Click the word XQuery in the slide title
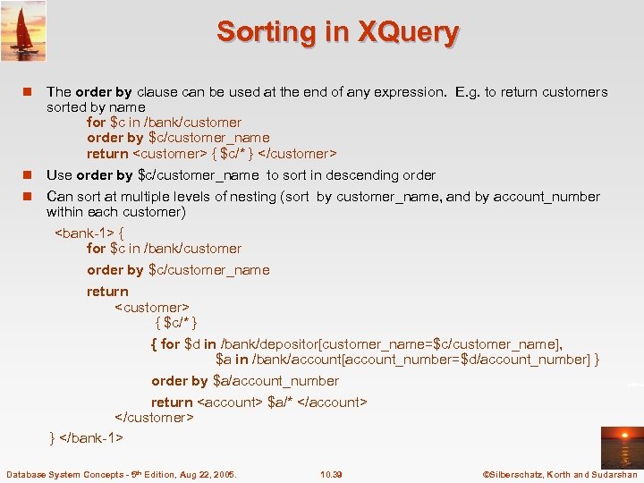tap(408, 32)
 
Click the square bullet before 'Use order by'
tap(28, 175)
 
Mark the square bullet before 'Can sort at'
tap(28, 197)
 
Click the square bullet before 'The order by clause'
tap(28, 92)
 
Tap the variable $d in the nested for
tap(192, 343)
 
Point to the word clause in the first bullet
tap(157, 92)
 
